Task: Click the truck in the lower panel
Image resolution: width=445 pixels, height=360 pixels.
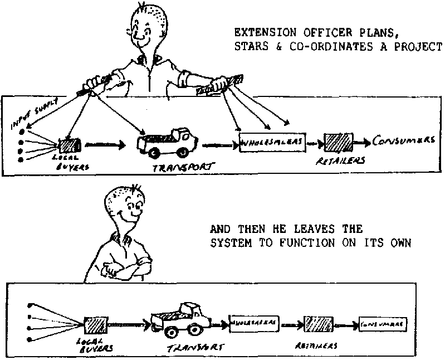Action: (x=181, y=320)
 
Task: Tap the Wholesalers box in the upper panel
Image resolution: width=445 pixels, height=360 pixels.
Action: (x=272, y=143)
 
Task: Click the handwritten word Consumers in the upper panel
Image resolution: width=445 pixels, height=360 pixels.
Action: (x=404, y=139)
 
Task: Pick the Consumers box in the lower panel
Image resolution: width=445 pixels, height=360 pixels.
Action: (x=381, y=323)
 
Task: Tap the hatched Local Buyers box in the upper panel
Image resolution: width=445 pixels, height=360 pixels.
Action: (x=69, y=145)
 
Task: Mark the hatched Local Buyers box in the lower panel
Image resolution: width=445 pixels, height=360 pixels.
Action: (x=92, y=324)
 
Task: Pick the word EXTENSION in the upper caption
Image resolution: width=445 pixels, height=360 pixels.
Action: (x=260, y=32)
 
